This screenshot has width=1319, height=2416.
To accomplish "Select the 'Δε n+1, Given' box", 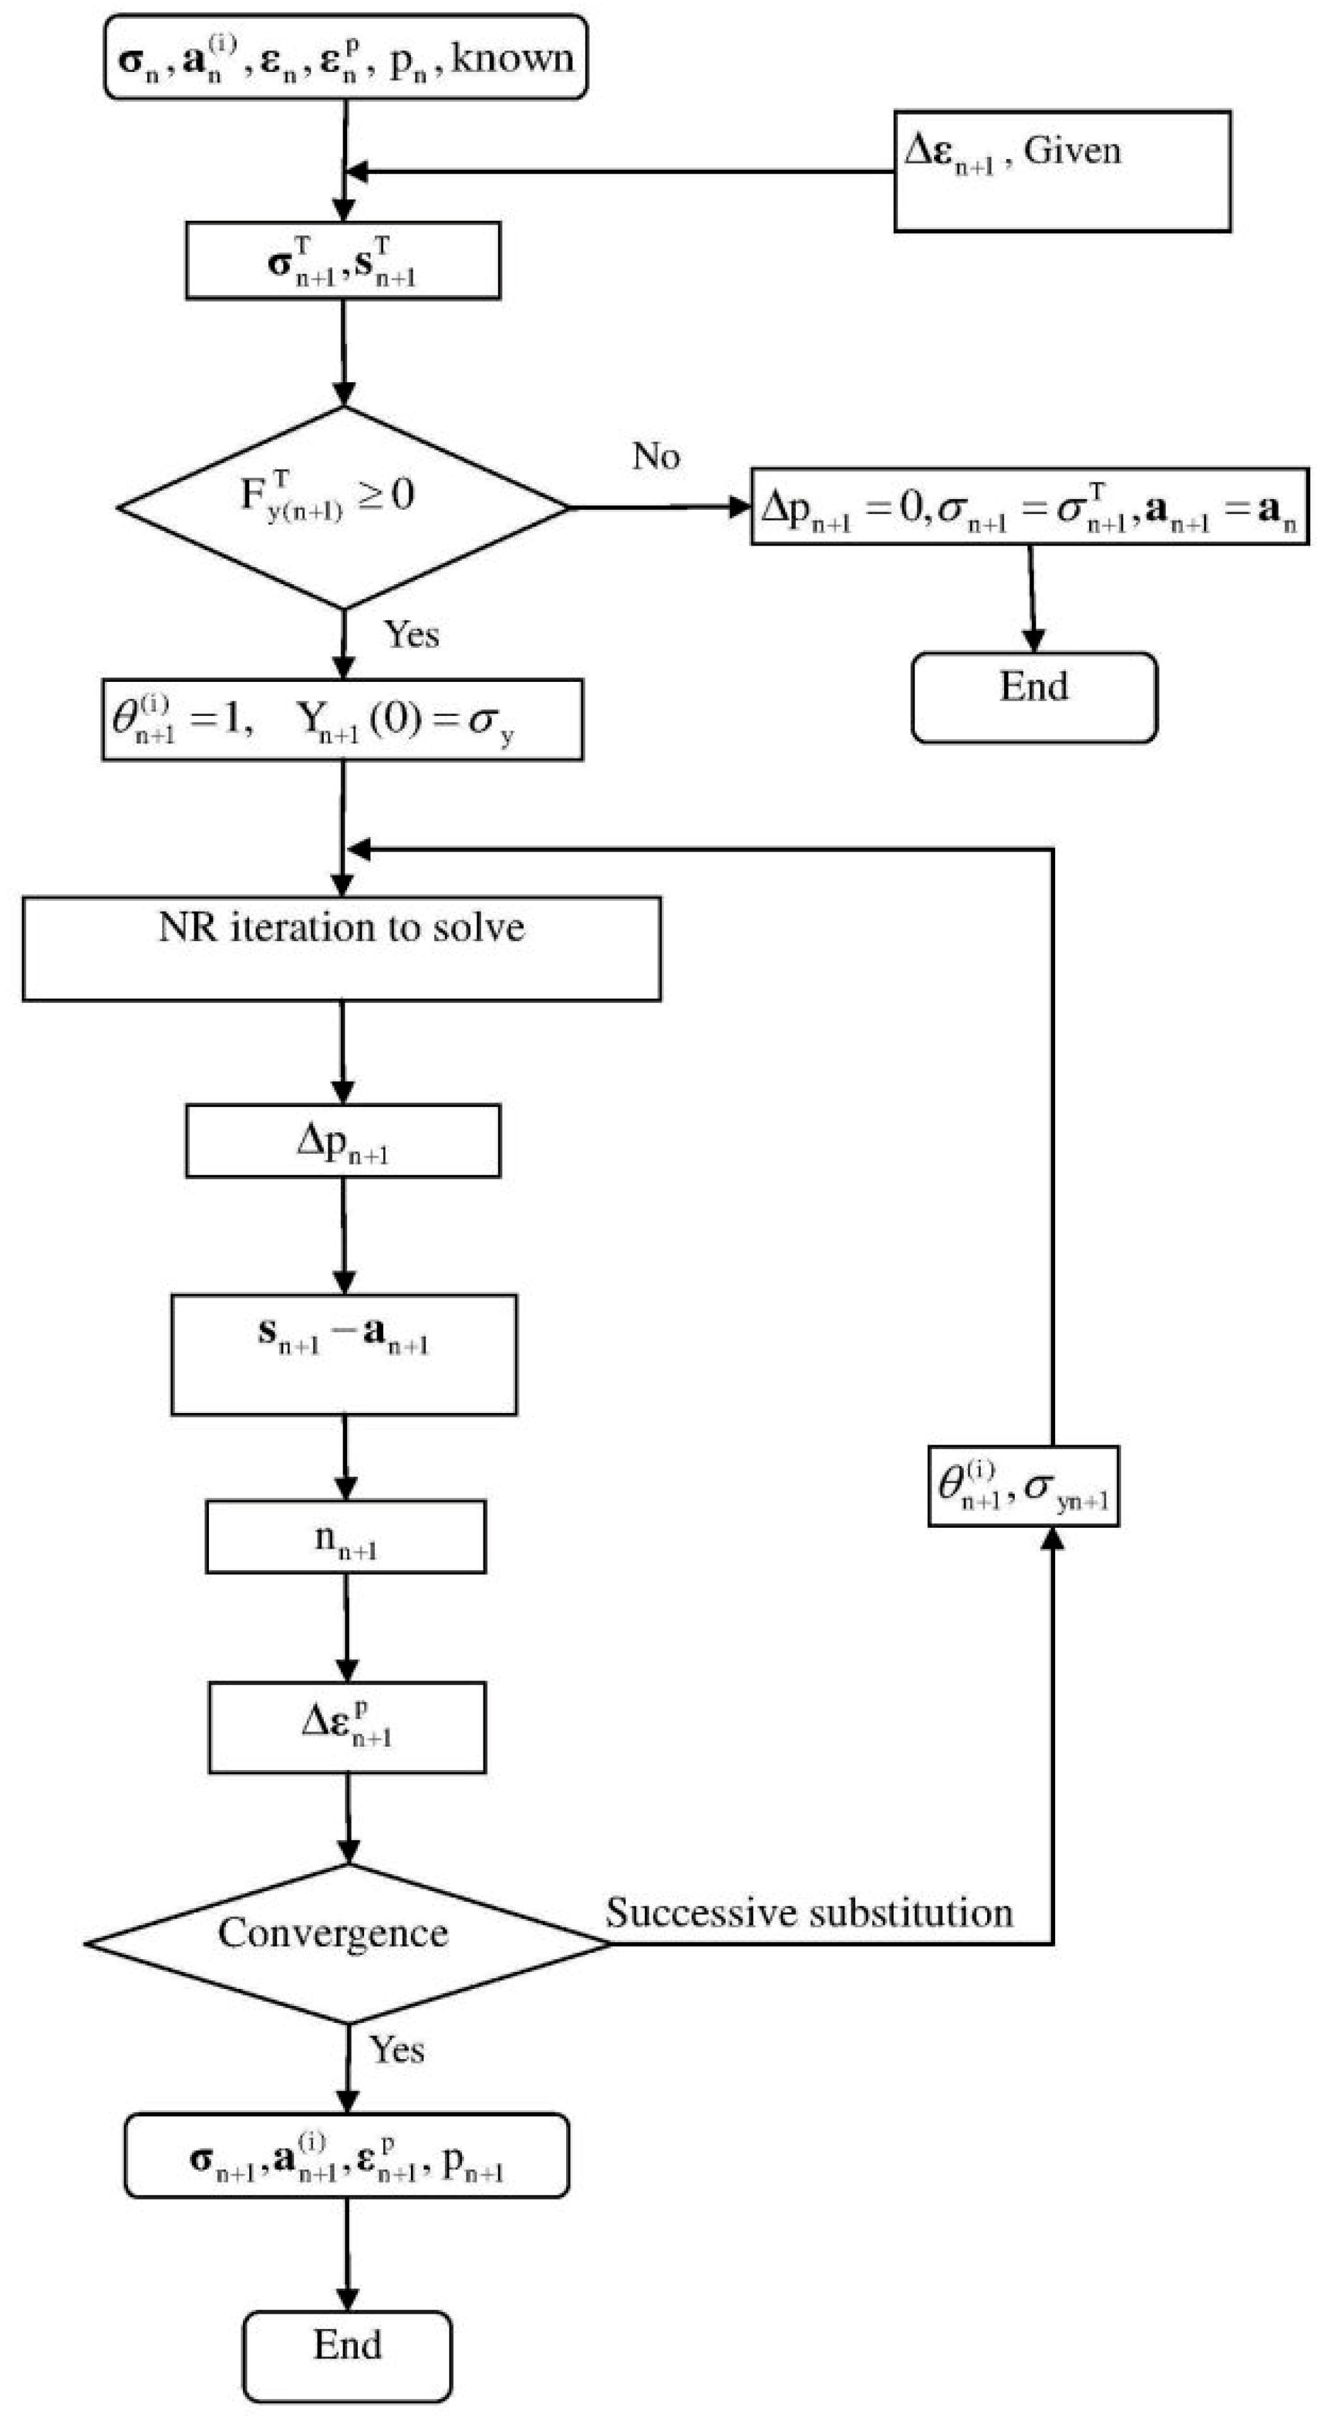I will coord(1062,171).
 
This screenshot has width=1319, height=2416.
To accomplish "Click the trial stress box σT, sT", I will coord(343,261).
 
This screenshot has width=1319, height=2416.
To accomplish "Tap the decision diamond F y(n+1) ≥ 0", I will coord(343,507).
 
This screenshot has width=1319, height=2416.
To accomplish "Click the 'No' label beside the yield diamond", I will coord(656,457).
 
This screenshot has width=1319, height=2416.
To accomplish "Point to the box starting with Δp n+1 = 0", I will coord(1029,507).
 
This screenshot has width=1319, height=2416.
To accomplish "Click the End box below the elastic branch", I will coord(1034,697).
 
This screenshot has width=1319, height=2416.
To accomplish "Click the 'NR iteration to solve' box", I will coord(341,948).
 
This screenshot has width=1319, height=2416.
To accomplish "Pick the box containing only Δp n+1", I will coord(343,1141).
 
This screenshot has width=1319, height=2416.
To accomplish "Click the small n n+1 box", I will coord(345,1536).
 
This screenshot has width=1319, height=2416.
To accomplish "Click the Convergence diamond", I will coord(347,1944).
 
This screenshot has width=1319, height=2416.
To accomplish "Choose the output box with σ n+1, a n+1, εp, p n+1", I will coord(346,2155).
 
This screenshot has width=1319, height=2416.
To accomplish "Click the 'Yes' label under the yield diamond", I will coord(411,635).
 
